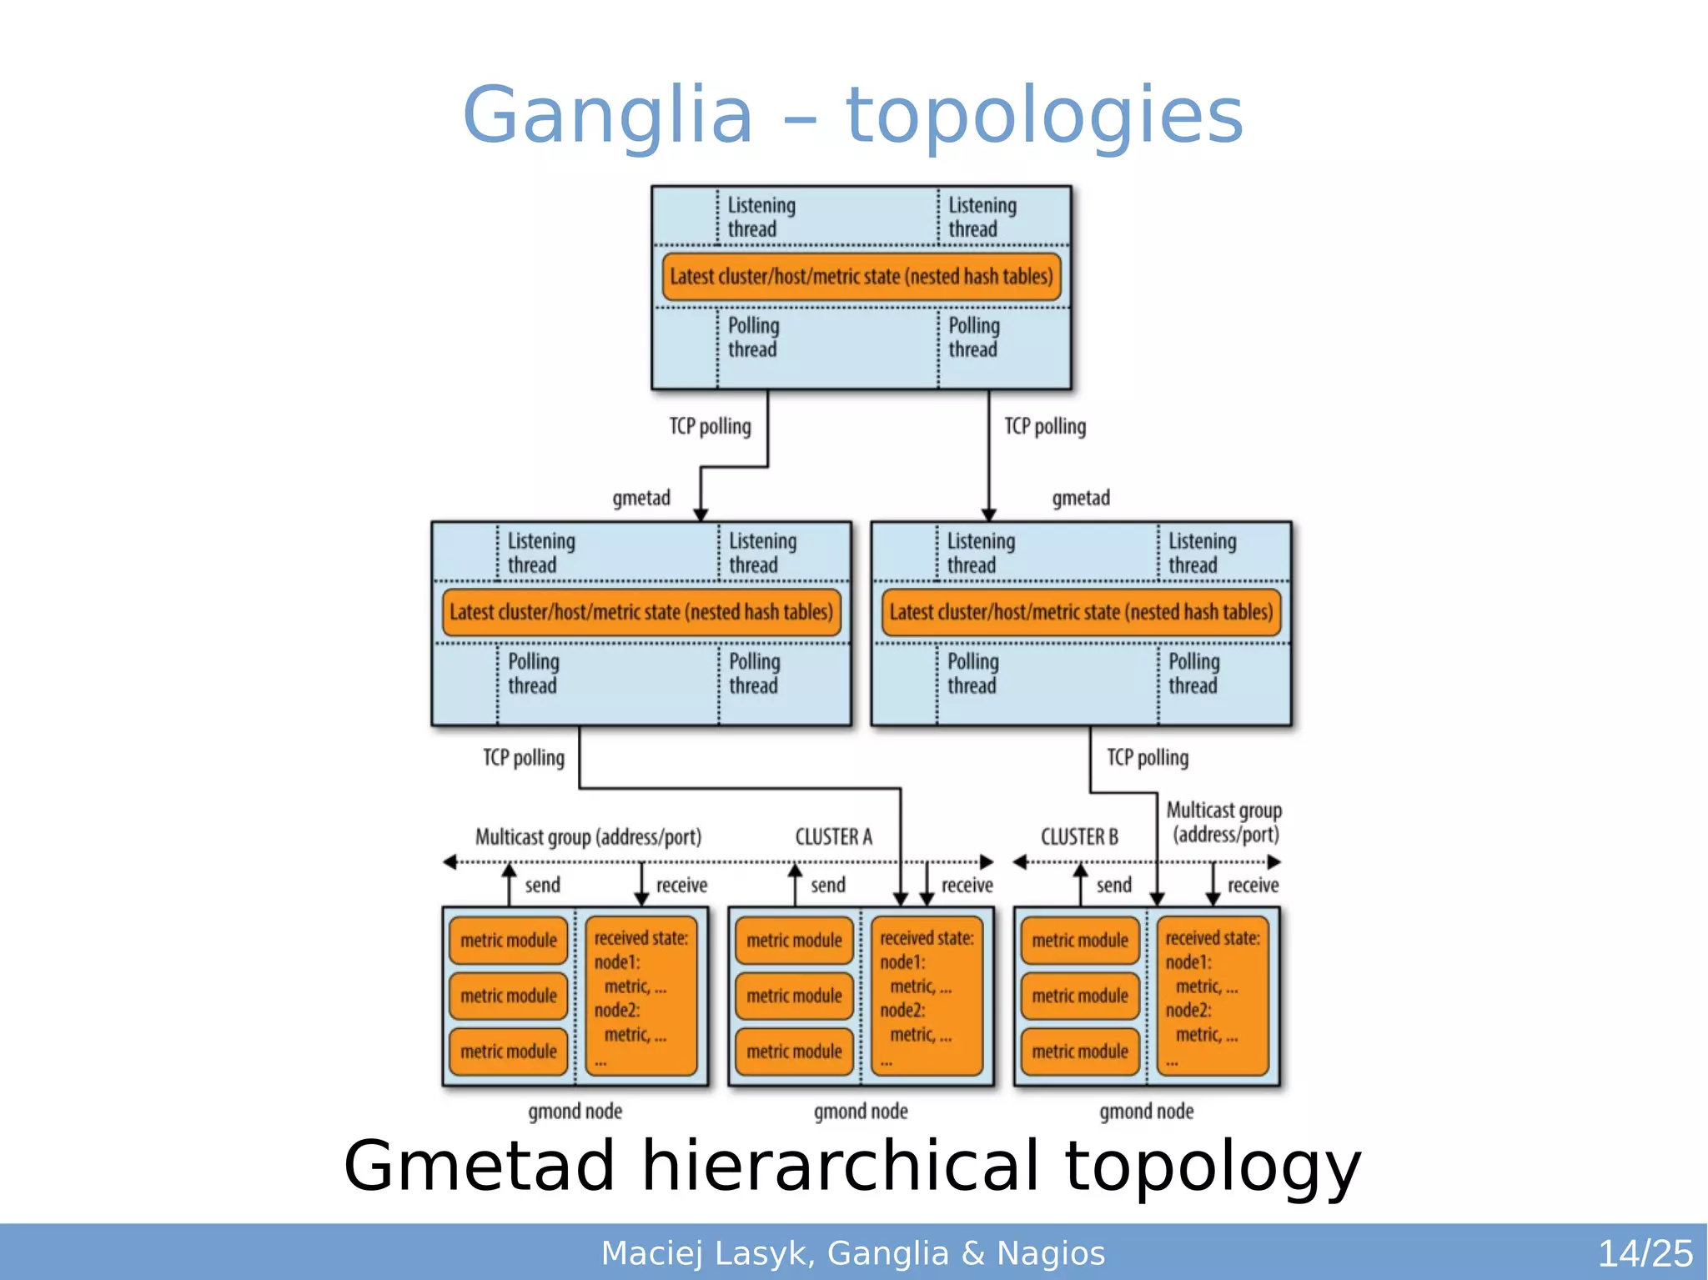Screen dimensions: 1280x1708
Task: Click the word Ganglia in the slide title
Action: (x=607, y=115)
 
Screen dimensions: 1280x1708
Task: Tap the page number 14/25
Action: (x=1645, y=1253)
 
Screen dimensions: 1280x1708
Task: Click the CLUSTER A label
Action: (x=833, y=836)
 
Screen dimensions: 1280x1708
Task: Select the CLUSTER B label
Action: (x=1078, y=836)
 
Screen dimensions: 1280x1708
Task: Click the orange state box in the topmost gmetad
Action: (x=861, y=277)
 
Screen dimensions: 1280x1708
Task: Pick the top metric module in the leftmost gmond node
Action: (x=508, y=941)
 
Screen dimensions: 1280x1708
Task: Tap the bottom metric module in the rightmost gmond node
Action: (x=1079, y=1052)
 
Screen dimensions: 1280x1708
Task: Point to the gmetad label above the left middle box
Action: (x=640, y=498)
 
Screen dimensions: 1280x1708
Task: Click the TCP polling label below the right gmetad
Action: (x=1147, y=757)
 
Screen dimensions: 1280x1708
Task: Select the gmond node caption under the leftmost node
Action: (x=575, y=1111)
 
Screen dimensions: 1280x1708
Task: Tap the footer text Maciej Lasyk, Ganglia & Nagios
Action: (x=852, y=1253)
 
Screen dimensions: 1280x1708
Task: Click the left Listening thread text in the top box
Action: (x=761, y=217)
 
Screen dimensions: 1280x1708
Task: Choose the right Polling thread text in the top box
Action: (x=973, y=337)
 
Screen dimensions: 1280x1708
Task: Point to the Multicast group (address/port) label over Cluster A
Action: (x=588, y=836)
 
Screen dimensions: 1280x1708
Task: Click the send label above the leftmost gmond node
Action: (x=542, y=885)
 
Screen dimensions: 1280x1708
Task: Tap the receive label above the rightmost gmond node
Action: (x=1253, y=885)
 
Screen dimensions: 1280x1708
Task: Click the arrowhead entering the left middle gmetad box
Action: (x=701, y=514)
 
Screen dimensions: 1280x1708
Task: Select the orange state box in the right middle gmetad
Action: (x=1081, y=612)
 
